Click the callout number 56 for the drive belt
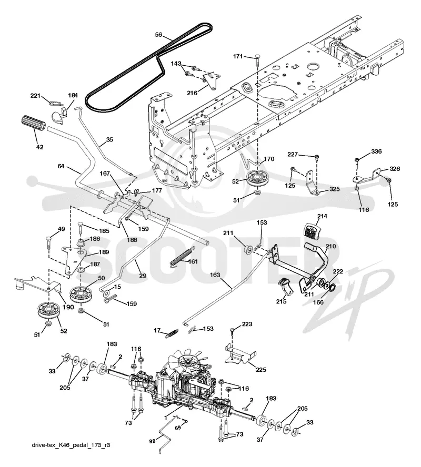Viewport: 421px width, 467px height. point(158,35)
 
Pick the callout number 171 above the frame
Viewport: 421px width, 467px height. point(238,56)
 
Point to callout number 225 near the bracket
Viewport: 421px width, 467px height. point(261,370)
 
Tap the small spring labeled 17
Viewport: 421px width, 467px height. point(172,333)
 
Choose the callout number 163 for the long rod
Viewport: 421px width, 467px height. point(215,275)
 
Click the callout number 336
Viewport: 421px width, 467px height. point(376,151)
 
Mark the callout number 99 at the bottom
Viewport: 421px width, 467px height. point(152,441)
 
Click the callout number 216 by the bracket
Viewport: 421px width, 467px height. point(192,93)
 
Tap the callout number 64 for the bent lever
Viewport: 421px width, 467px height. point(61,166)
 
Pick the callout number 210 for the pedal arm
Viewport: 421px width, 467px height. point(330,246)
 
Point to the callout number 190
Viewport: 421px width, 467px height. point(68,307)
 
